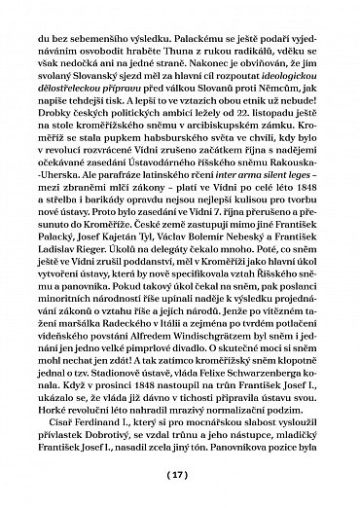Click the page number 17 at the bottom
[x=180, y=476]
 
